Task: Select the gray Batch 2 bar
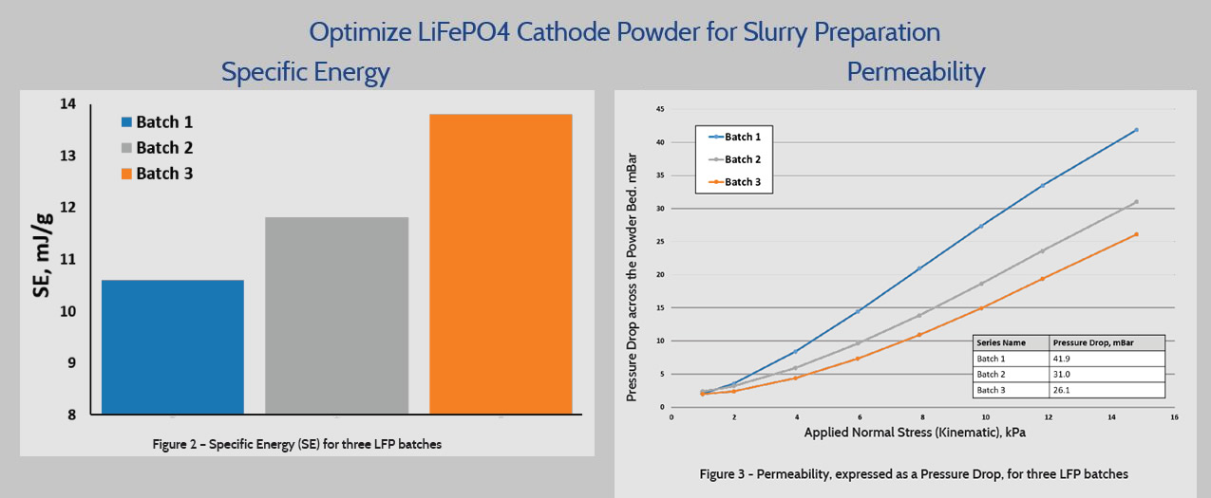[337, 315]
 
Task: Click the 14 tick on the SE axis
[69, 104]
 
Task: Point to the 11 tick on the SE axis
[69, 259]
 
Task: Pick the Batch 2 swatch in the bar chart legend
[126, 148]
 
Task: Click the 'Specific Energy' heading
[305, 72]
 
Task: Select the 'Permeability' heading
[916, 72]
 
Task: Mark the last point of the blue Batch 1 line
[1136, 130]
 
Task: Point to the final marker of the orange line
[1136, 234]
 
